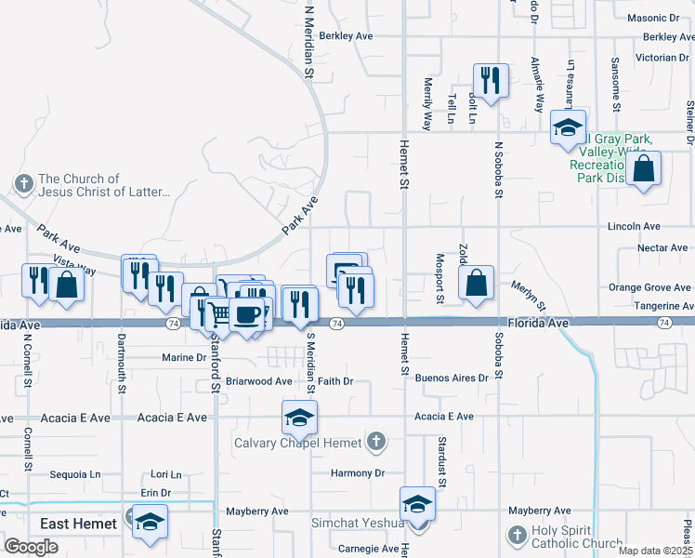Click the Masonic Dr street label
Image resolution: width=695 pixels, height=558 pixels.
click(x=653, y=18)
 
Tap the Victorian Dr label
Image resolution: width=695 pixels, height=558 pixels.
click(x=662, y=58)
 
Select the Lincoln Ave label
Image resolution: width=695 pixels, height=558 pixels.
click(x=634, y=226)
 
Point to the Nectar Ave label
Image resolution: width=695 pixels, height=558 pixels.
click(x=662, y=248)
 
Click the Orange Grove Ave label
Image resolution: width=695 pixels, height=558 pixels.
click(x=649, y=287)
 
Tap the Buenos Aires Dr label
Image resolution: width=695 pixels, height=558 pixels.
click(x=452, y=379)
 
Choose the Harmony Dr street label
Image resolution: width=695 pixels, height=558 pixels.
click(x=358, y=473)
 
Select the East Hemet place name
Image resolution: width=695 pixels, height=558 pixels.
click(x=78, y=524)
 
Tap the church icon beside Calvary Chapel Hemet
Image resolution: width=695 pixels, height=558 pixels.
click(x=376, y=441)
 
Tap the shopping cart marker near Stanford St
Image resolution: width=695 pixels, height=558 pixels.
click(x=218, y=313)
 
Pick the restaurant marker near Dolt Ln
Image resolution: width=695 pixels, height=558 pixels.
click(x=488, y=80)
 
